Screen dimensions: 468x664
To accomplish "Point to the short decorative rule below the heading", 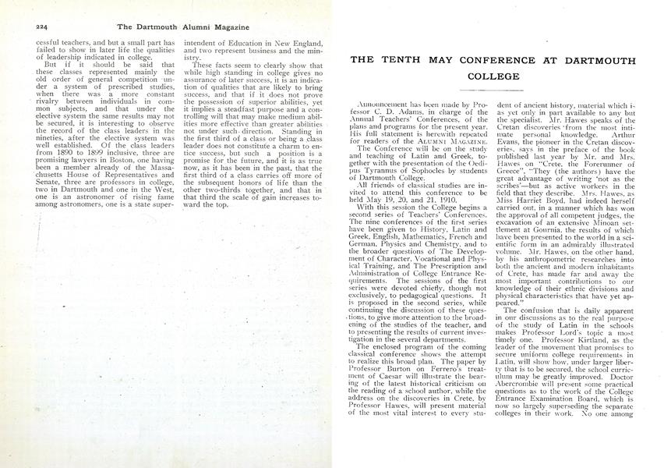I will click(x=493, y=91).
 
